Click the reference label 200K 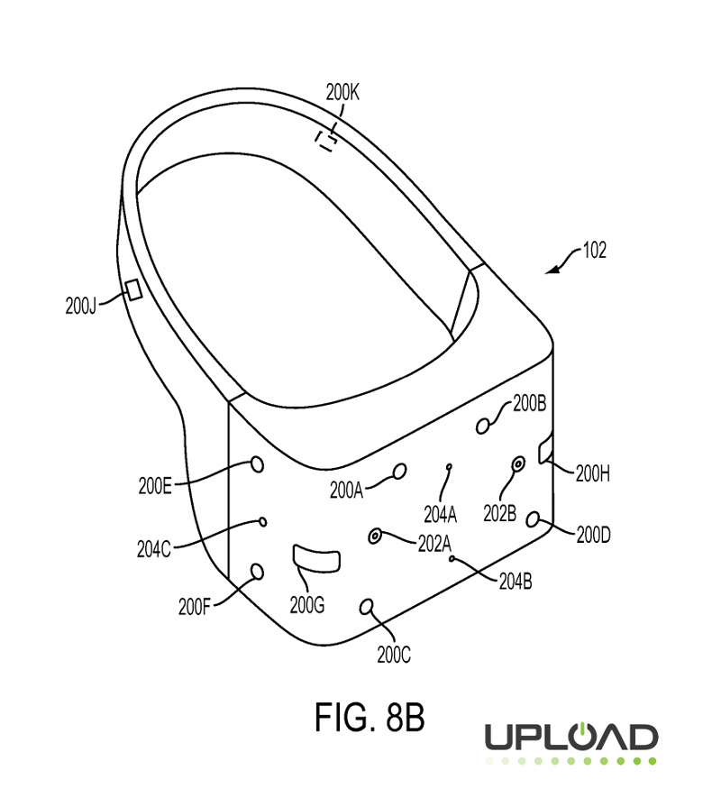342,90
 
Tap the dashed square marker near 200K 325,139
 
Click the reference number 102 594,252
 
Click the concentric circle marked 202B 518,464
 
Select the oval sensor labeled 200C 367,607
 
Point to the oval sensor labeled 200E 256,463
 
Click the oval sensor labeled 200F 257,571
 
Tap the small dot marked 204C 262,521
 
